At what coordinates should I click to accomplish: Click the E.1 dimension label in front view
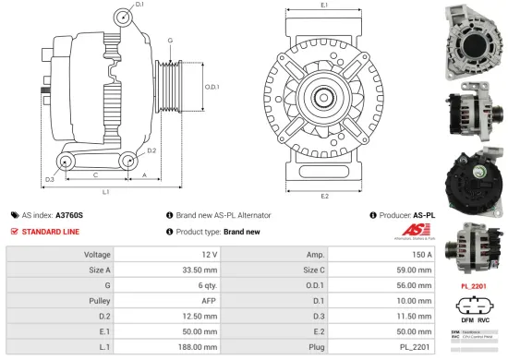coord(325,6)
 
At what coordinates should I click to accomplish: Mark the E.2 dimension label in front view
coord(325,196)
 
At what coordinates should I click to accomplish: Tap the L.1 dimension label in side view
coord(107,192)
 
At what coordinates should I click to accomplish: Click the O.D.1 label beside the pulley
coord(212,88)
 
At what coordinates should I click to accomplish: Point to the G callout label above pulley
coord(170,41)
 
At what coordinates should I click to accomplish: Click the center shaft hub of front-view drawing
coord(325,96)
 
